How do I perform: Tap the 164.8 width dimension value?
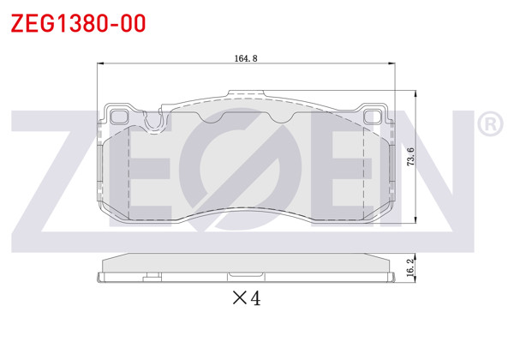pos(246,58)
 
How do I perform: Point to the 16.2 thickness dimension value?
pos(410,267)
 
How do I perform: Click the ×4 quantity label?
pos(246,298)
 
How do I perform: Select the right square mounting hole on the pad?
pos(374,116)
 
